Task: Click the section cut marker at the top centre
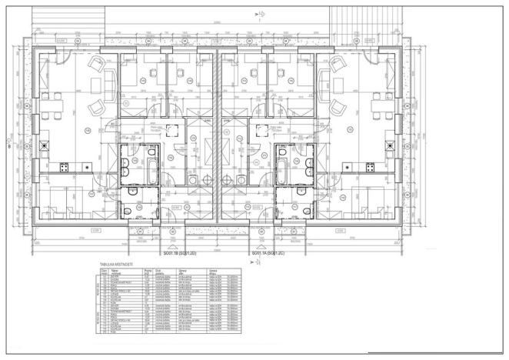click(x=260, y=15)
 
